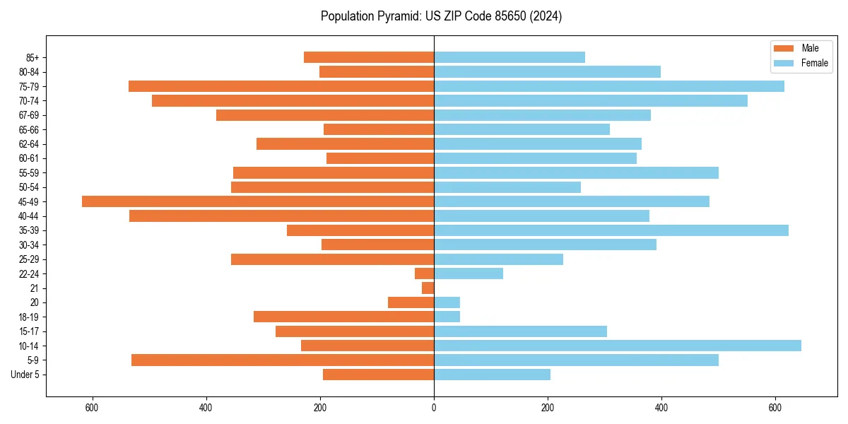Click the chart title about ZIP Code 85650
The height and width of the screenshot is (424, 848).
coord(441,16)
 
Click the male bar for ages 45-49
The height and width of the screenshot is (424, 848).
coord(258,201)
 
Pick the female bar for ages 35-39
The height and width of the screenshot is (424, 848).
coord(611,230)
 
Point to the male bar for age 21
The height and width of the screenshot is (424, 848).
coord(428,288)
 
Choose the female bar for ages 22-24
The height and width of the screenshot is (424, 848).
coord(469,273)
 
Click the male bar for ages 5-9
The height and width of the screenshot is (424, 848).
coord(283,360)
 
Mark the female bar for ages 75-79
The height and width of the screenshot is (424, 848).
coord(609,86)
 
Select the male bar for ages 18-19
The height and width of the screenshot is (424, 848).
coord(343,317)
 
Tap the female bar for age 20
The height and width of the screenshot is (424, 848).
coord(447,302)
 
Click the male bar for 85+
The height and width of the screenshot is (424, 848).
coord(369,57)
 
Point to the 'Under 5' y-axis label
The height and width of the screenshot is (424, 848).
coord(25,375)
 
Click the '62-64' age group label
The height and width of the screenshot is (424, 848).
coord(29,144)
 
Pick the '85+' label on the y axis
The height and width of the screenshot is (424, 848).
coord(33,57)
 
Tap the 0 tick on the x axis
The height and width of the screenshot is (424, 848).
coord(434,408)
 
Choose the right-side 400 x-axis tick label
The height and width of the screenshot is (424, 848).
coord(661,408)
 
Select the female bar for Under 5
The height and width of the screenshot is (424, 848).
coord(492,375)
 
